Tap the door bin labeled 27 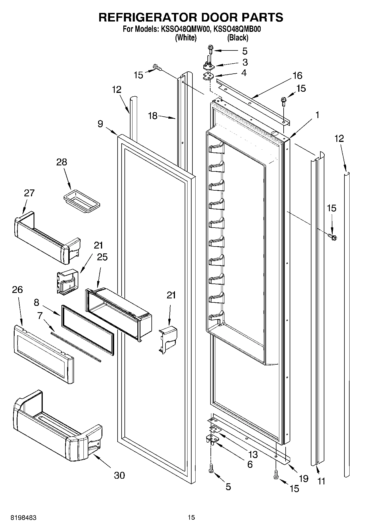click(46, 238)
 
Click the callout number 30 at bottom click(119, 475)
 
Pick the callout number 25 click(102, 257)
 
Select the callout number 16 click(297, 76)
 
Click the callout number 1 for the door click(317, 115)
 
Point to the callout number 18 click(153, 116)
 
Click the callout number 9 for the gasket click(100, 124)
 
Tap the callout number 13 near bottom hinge click(253, 454)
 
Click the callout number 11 click(321, 481)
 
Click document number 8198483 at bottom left click(23, 518)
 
